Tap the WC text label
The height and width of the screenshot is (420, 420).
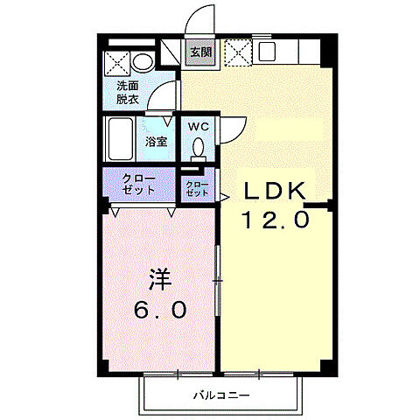[x=199, y=125]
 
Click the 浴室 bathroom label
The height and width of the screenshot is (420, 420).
[x=157, y=142]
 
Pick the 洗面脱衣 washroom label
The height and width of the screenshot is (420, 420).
[x=128, y=92]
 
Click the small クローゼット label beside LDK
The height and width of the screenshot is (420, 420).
[x=197, y=187]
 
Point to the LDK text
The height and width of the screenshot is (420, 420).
[x=273, y=191]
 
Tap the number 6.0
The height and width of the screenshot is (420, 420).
[x=159, y=311]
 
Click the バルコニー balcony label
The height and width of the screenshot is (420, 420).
[x=222, y=396]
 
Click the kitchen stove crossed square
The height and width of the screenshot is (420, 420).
[x=235, y=52]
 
